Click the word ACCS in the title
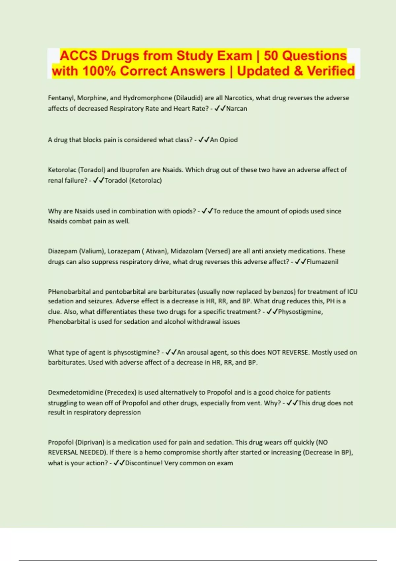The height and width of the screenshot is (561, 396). point(79,56)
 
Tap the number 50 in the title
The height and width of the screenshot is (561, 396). point(271,56)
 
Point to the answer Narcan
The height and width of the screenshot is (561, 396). point(237,109)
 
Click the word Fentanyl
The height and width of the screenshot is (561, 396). point(61,98)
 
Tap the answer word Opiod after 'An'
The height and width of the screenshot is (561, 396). point(229,140)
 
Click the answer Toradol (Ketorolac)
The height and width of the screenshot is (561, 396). point(133,181)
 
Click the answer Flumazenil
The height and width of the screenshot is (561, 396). point(322,262)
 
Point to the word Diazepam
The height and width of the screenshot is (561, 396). point(62,251)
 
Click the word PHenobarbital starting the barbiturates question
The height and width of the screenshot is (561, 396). point(69,292)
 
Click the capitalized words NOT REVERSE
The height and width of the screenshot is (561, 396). point(288,352)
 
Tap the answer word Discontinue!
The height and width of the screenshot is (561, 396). point(144,463)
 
